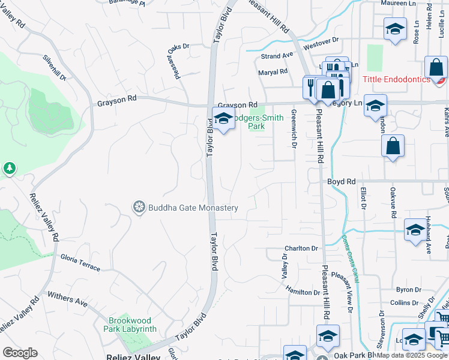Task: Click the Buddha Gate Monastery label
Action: coord(193,208)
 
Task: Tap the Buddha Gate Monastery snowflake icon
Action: coord(139,208)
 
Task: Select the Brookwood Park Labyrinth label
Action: coord(133,325)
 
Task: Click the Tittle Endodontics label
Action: coord(396,80)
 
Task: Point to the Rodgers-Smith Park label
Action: coord(257,122)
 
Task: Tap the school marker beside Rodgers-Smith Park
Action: coord(223,119)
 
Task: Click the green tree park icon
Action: coord(9,169)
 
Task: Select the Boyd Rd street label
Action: coord(342,181)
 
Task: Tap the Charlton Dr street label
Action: coord(301,248)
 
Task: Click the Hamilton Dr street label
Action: coord(303,292)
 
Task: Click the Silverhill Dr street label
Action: coord(54,68)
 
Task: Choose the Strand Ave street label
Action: coord(277,56)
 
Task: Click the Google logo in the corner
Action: coord(20,353)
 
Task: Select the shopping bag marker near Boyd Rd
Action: coord(393,147)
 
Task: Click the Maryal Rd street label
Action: coord(273,72)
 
